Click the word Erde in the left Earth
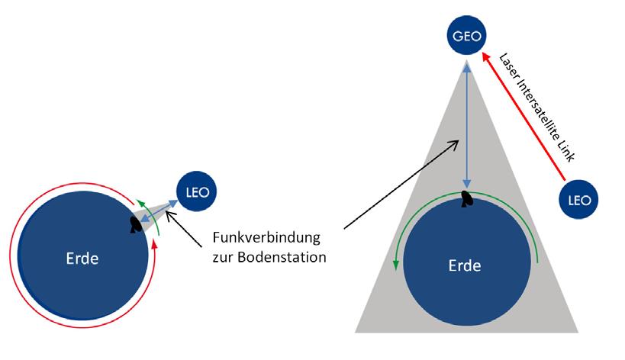coord(82,259)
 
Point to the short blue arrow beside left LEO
coord(159,207)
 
